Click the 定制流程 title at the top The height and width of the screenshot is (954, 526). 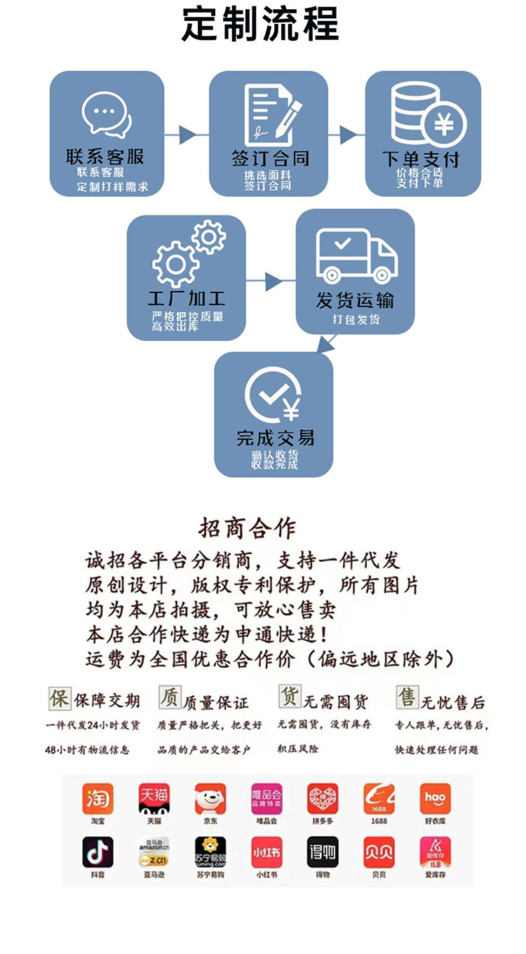point(260,25)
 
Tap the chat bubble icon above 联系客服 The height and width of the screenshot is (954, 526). point(107,114)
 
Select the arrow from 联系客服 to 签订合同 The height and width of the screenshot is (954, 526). point(187,135)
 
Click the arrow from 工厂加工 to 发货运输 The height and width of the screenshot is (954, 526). point(270,282)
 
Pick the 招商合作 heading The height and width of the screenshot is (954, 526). point(248,528)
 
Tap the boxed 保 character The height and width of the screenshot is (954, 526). point(60,699)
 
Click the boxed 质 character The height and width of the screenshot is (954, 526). point(170,698)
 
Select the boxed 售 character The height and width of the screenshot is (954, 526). point(406,698)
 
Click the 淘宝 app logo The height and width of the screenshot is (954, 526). point(97,799)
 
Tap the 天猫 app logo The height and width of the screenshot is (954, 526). point(154,799)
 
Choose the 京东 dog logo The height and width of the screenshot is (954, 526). point(210,799)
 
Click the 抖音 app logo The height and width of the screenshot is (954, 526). point(97,852)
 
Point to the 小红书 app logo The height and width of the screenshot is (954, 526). point(267,852)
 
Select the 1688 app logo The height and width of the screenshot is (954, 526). point(379,799)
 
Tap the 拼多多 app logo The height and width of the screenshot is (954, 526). point(323,799)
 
